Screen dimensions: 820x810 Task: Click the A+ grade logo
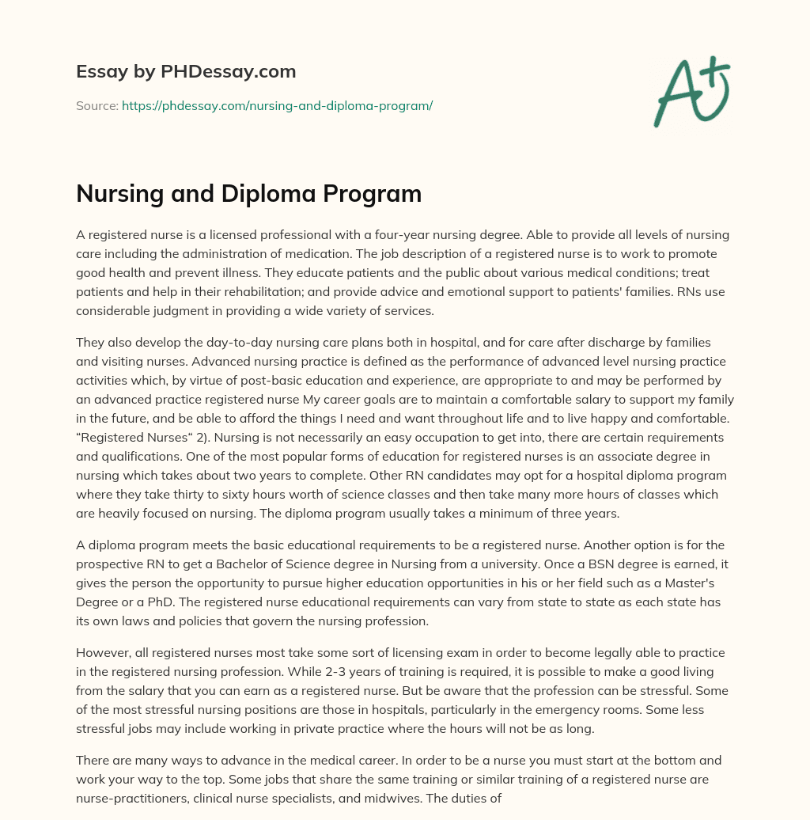tap(691, 92)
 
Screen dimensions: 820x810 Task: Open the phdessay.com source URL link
tap(277, 105)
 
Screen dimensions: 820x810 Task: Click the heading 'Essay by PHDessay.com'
tap(186, 72)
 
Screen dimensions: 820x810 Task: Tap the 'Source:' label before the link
tap(97, 105)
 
